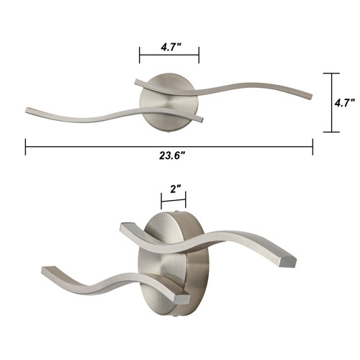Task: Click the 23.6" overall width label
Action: click(172, 156)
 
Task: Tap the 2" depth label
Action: click(175, 189)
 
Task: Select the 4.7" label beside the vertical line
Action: click(345, 103)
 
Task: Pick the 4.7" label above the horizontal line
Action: click(171, 48)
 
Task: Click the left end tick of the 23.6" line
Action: click(25, 147)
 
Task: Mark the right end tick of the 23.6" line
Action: click(312, 147)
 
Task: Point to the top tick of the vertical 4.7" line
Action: click(331, 73)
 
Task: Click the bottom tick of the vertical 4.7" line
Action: click(331, 132)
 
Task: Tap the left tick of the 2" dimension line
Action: click(162, 200)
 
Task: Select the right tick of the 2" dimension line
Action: click(186, 200)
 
